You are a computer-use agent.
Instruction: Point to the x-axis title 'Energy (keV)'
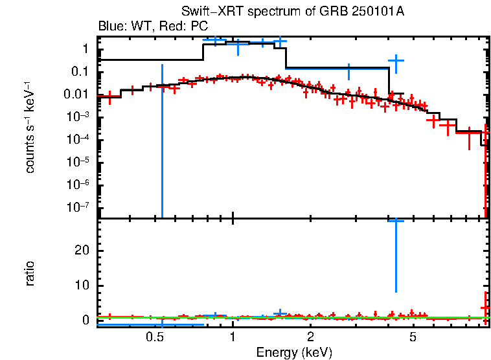294,352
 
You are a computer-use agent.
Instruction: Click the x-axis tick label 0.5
154,338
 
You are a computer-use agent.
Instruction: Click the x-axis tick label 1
233,338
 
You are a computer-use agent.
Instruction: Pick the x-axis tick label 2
311,338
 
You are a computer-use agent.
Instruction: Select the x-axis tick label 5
413,338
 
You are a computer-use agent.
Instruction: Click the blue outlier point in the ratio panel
396,221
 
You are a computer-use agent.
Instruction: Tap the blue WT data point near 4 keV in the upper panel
396,60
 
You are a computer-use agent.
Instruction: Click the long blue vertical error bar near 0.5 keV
162,142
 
